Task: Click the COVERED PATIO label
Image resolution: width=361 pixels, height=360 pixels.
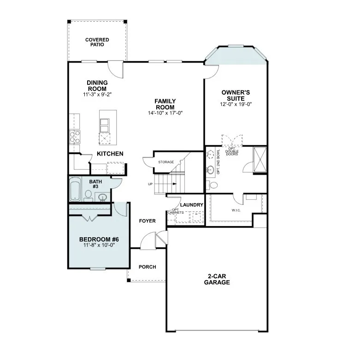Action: (97, 42)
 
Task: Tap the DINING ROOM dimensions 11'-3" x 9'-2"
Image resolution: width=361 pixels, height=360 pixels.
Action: (97, 94)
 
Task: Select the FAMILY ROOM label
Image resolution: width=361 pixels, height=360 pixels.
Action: (165, 104)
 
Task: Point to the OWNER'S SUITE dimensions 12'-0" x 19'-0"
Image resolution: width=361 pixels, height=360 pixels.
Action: (236, 104)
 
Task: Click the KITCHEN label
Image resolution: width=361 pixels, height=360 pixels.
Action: (110, 154)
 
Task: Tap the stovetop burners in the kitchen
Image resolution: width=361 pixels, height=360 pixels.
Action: (75, 137)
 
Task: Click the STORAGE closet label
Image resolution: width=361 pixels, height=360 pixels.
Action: (166, 162)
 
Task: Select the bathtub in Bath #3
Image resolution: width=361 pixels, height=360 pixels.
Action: (75, 189)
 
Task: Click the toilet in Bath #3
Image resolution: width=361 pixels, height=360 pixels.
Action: (88, 196)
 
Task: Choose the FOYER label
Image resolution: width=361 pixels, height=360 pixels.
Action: (148, 221)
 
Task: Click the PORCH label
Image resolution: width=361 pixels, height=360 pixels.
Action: (148, 267)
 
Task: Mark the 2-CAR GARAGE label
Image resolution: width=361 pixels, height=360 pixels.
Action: (217, 279)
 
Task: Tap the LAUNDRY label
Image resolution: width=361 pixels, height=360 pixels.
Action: (191, 205)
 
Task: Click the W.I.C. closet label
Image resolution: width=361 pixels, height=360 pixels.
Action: (236, 210)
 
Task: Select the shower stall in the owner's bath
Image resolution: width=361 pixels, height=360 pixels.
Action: (260, 159)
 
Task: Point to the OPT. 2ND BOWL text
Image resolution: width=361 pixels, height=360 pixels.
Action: (219, 162)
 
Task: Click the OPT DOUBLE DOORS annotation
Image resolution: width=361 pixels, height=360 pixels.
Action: (232, 151)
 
